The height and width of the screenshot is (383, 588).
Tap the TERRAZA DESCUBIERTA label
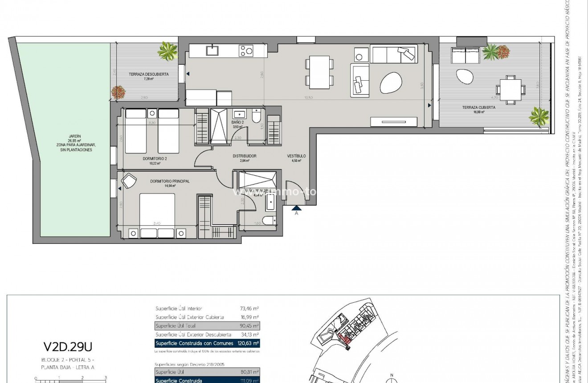(148, 74)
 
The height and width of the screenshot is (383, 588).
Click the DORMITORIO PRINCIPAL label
(170, 181)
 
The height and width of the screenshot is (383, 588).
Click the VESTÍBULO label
(296, 156)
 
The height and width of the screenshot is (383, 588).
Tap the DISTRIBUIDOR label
(245, 156)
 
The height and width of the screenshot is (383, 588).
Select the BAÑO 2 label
(237, 122)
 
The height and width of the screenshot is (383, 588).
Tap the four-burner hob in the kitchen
(246, 50)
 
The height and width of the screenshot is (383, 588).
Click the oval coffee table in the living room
(391, 82)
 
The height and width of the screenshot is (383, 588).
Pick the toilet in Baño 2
(257, 116)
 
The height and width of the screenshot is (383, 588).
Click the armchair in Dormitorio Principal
(129, 181)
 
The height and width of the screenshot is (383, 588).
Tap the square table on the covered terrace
(510, 89)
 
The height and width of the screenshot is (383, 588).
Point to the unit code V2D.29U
(68, 347)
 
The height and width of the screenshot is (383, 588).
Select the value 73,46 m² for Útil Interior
(249, 308)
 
